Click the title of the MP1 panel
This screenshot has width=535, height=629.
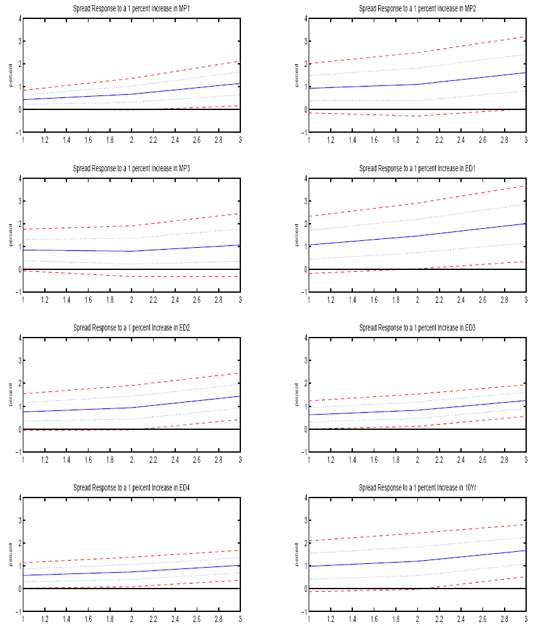(131, 9)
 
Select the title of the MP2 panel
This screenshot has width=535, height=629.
(417, 9)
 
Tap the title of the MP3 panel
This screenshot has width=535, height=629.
(131, 169)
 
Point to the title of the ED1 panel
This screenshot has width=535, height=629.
(417, 169)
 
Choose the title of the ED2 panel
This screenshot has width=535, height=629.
(131, 328)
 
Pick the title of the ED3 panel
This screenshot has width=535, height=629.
(417, 328)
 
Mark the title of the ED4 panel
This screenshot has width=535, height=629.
(131, 488)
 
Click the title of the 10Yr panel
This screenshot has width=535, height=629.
(417, 488)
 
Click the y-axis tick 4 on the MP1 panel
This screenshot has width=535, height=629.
(18, 19)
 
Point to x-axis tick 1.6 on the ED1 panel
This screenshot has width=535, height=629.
(374, 299)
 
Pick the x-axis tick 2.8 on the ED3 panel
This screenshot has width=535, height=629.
(504, 458)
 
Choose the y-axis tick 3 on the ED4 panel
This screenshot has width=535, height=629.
(18, 520)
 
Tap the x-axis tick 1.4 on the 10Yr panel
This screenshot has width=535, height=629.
(352, 618)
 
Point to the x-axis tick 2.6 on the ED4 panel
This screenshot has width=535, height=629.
(196, 618)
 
